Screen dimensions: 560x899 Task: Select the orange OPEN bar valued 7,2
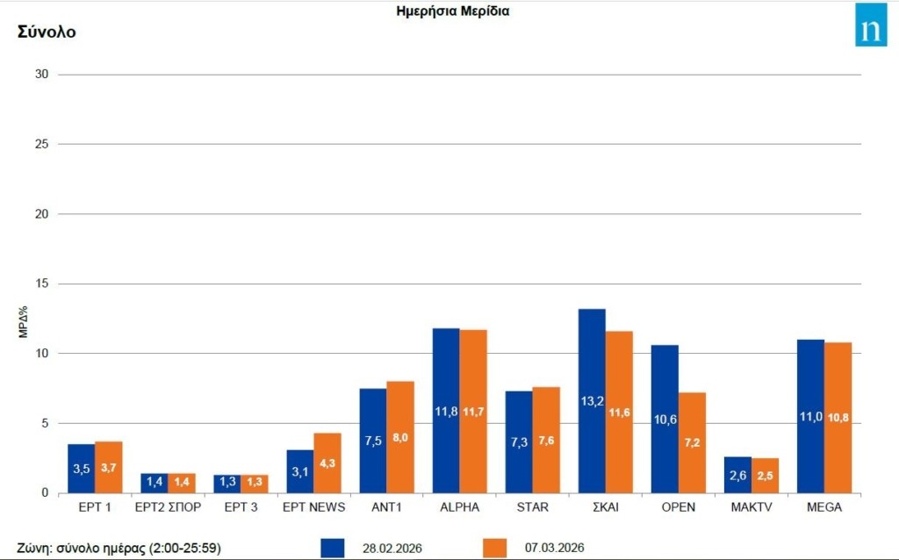(692, 442)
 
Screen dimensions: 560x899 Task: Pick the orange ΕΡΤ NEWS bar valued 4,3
(327, 463)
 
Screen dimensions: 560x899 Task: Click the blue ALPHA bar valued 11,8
(446, 411)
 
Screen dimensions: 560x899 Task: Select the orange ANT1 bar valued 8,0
(400, 437)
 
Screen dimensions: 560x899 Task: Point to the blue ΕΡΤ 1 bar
(82, 469)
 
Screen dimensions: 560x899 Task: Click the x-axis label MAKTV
(752, 507)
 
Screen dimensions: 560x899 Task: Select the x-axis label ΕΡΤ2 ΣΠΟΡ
(168, 507)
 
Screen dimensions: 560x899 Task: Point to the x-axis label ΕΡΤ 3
(241, 507)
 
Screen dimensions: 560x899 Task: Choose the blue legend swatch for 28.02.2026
(333, 548)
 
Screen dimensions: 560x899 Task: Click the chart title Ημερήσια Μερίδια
(453, 11)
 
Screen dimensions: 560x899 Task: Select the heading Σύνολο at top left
(47, 32)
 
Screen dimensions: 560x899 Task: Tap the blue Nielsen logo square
(871, 25)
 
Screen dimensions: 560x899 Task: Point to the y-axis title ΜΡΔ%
(23, 322)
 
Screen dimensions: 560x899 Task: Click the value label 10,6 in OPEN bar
(665, 419)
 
